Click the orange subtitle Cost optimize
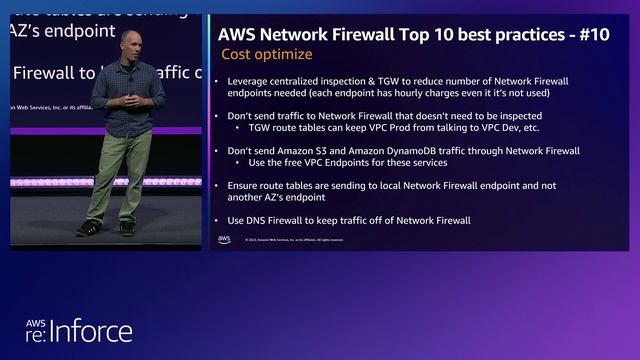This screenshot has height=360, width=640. pyautogui.click(x=266, y=54)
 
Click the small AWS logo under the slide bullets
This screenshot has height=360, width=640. pyautogui.click(x=224, y=239)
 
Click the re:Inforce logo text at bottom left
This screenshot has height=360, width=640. pyautogui.click(x=80, y=330)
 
